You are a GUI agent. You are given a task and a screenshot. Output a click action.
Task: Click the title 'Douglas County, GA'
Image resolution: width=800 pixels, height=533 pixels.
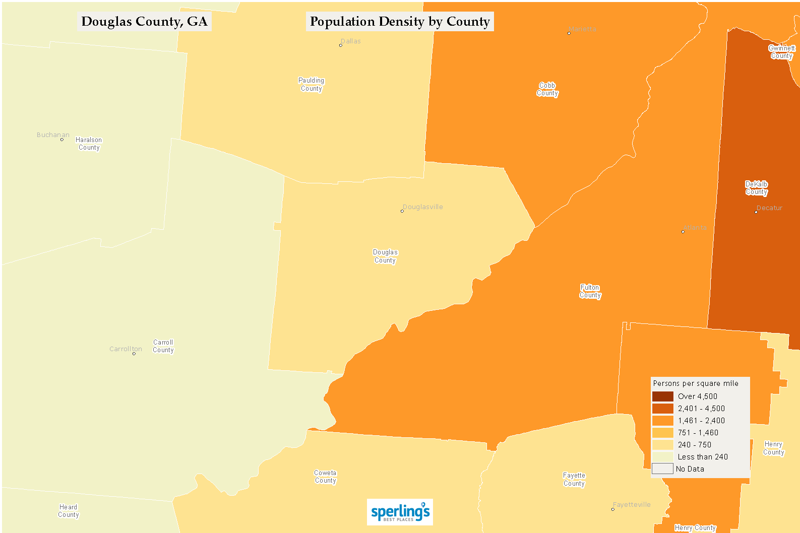point(144,22)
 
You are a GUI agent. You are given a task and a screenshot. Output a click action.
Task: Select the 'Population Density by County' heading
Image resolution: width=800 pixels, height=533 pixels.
point(400,22)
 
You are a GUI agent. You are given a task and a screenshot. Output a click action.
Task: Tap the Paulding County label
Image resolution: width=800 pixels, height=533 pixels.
point(311,85)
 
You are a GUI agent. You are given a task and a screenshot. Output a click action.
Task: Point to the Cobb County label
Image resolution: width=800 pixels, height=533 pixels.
point(547,89)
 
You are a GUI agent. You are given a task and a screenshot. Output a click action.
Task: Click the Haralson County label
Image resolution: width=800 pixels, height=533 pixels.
point(89,144)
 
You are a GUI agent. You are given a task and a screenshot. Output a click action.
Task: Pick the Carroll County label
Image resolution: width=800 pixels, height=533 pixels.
point(163,346)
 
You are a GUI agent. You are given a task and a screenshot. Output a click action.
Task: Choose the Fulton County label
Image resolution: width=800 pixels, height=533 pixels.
point(590,291)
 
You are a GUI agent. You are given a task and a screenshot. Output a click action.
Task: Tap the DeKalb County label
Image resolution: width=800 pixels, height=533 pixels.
point(756,188)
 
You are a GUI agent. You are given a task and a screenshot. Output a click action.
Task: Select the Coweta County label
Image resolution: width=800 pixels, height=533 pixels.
point(325,477)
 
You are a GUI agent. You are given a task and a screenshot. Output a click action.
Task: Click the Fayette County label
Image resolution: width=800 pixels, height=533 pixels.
point(574,479)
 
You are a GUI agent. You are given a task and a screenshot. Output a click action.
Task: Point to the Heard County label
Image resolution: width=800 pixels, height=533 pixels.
point(68,511)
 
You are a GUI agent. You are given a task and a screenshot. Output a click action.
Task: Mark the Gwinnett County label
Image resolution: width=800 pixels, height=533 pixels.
point(781,52)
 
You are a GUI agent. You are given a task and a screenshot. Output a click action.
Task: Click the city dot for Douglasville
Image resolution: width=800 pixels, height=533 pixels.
point(402,211)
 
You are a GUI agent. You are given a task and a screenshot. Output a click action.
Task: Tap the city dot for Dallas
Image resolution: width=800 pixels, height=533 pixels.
point(341,45)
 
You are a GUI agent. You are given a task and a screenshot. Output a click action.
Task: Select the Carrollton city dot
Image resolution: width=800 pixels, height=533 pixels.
point(134,354)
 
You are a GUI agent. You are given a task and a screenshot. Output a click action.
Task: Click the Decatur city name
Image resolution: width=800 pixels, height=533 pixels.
point(769,208)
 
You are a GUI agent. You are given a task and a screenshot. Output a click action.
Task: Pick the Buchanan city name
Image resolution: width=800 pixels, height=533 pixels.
point(53,135)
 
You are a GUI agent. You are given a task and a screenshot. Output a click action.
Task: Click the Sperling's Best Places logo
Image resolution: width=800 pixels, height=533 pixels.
point(400,512)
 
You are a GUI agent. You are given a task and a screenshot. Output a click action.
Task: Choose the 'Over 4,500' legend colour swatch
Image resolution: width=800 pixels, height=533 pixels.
point(662,396)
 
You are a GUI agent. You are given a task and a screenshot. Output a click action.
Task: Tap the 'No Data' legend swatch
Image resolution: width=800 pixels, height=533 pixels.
point(662,469)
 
